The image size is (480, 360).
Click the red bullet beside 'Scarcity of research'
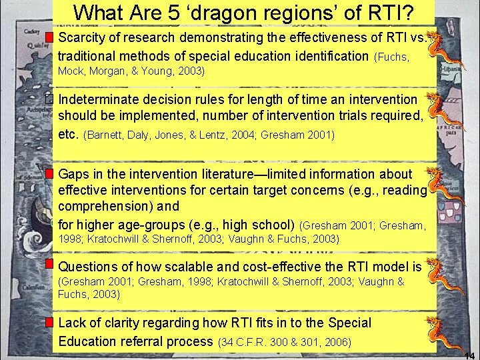tap(51, 36)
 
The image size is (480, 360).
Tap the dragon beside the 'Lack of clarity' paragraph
tap(441, 333)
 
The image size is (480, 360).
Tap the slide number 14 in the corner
tap(469, 355)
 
